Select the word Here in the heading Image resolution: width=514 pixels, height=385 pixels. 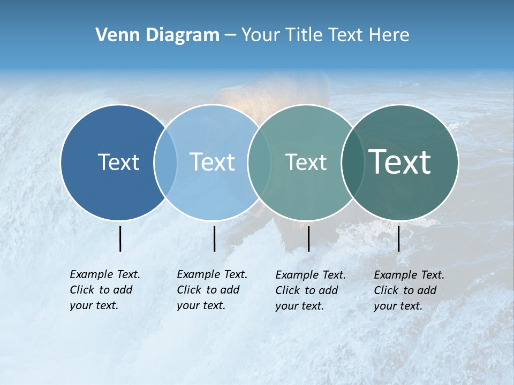(x=390, y=35)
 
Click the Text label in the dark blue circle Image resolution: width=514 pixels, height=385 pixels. (x=118, y=162)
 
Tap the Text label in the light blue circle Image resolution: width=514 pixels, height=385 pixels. (x=213, y=162)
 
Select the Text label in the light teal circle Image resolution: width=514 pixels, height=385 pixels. (x=306, y=162)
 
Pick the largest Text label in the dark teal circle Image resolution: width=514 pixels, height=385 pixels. (x=400, y=162)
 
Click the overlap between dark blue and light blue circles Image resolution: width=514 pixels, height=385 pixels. (x=165, y=162)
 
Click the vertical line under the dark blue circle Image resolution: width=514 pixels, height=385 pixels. (x=120, y=238)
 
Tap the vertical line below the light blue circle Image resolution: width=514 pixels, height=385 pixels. (x=214, y=238)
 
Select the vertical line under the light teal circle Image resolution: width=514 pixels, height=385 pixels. (x=308, y=238)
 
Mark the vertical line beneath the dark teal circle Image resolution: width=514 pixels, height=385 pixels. (x=398, y=238)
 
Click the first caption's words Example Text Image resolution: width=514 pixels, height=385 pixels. (x=105, y=274)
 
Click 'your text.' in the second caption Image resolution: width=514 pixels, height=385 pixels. (x=201, y=305)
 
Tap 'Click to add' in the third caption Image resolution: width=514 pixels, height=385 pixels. (x=307, y=290)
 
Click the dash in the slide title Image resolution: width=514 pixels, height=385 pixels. (x=230, y=35)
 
